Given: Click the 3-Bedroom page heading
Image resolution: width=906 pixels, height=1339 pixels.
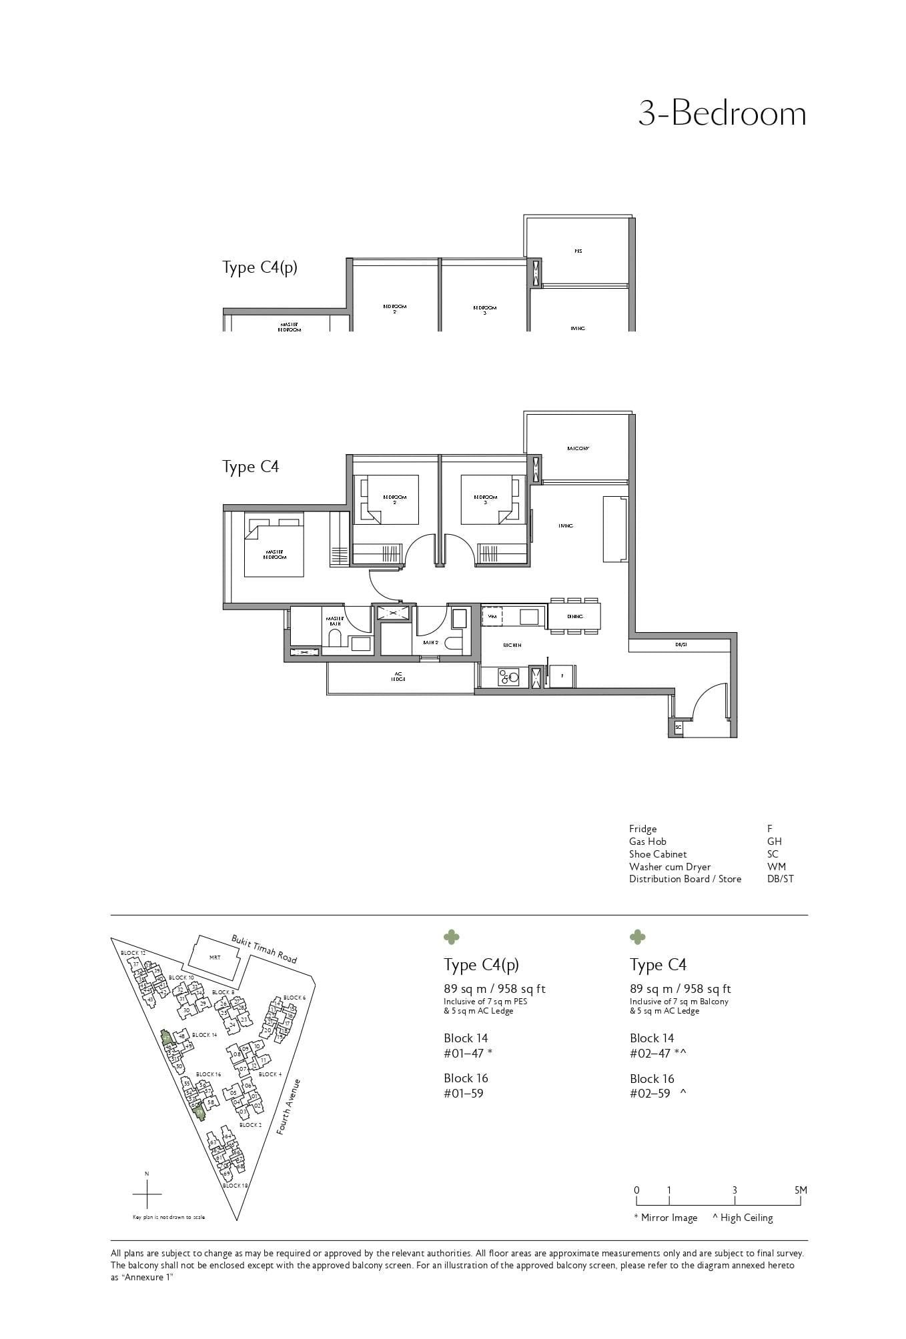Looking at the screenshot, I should pos(722,113).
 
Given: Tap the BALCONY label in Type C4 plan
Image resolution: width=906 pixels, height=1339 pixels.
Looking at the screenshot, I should pos(578,449).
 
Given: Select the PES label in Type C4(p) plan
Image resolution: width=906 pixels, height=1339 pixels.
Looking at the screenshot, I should pos(578,251).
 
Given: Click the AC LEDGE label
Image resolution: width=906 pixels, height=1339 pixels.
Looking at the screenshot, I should pos(398,677).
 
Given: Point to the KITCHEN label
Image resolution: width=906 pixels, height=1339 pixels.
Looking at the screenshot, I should pos(512,645).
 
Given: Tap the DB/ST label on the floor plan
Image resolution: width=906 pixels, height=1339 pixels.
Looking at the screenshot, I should pos(681,645).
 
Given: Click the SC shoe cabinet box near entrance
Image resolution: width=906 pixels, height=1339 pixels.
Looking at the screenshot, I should pos(678,728).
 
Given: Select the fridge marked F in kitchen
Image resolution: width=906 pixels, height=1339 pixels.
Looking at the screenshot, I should pos(562,676).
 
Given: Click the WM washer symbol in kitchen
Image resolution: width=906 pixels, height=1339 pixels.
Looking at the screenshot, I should pos(492,617).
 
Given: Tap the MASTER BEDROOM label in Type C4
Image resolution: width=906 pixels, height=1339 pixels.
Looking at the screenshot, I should pos(275,554).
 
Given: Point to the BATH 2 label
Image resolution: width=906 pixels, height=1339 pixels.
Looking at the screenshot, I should pos(430,643).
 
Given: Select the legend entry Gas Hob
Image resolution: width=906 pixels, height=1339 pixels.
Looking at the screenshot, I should pos(647,842).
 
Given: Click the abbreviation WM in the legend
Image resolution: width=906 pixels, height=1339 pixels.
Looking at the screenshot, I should pos(776,867).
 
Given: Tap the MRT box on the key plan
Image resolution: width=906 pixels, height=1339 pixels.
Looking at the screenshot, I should pos(215,958).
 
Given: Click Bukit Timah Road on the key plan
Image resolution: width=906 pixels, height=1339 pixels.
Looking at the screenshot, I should pos(264,948).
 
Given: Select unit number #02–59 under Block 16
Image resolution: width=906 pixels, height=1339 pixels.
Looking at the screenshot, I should pos(650,1094).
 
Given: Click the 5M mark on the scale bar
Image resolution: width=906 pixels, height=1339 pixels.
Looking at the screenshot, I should pos(801,1190).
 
